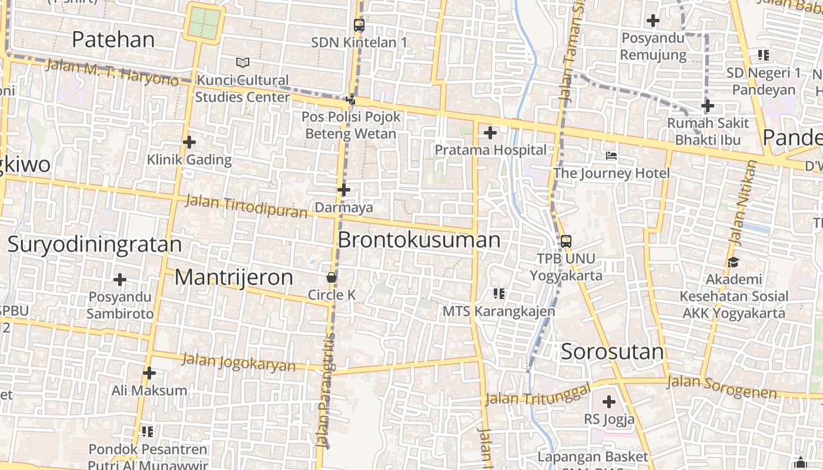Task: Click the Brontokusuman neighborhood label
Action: click(419, 240)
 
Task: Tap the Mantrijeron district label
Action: click(233, 277)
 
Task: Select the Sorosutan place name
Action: click(612, 352)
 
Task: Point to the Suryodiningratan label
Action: click(95, 244)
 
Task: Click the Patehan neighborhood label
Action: click(113, 39)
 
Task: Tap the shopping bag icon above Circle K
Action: click(332, 277)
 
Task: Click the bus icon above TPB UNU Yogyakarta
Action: click(566, 241)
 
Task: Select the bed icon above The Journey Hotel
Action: click(611, 156)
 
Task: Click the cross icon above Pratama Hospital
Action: click(490, 133)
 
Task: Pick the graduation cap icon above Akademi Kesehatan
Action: click(733, 262)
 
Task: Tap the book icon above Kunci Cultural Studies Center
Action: click(242, 62)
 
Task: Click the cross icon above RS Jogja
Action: click(609, 402)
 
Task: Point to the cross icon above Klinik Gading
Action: click(189, 142)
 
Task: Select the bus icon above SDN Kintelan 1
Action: click(359, 25)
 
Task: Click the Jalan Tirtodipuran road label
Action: click(246, 206)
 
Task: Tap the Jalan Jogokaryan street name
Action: click(239, 362)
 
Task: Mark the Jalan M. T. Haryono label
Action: click(112, 72)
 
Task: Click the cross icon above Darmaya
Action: click(344, 190)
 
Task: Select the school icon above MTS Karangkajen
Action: click(499, 293)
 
